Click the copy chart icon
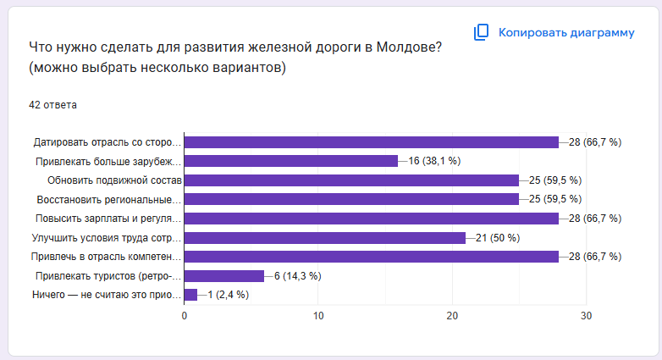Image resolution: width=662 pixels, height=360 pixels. (481, 33)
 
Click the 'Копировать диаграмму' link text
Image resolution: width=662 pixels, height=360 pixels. (565, 33)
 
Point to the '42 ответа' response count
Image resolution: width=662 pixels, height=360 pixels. (52, 105)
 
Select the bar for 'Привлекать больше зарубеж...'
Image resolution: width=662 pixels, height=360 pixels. (290, 161)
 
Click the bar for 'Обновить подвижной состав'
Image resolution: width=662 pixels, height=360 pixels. (351, 180)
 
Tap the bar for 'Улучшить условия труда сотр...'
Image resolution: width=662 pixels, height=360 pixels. (324, 238)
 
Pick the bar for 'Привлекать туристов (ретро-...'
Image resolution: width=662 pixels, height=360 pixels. (223, 276)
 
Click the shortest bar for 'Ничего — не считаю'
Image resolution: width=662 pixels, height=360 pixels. (190, 295)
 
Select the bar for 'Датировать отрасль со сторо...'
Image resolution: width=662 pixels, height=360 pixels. (371, 142)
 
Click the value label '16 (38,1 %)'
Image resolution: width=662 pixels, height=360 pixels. (434, 161)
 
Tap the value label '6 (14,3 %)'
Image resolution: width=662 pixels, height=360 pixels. (297, 276)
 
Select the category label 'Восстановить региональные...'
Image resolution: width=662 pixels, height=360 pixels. (109, 200)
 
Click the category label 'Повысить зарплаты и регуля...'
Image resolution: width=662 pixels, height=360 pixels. (108, 219)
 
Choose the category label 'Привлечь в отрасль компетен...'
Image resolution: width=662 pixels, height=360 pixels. (106, 257)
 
